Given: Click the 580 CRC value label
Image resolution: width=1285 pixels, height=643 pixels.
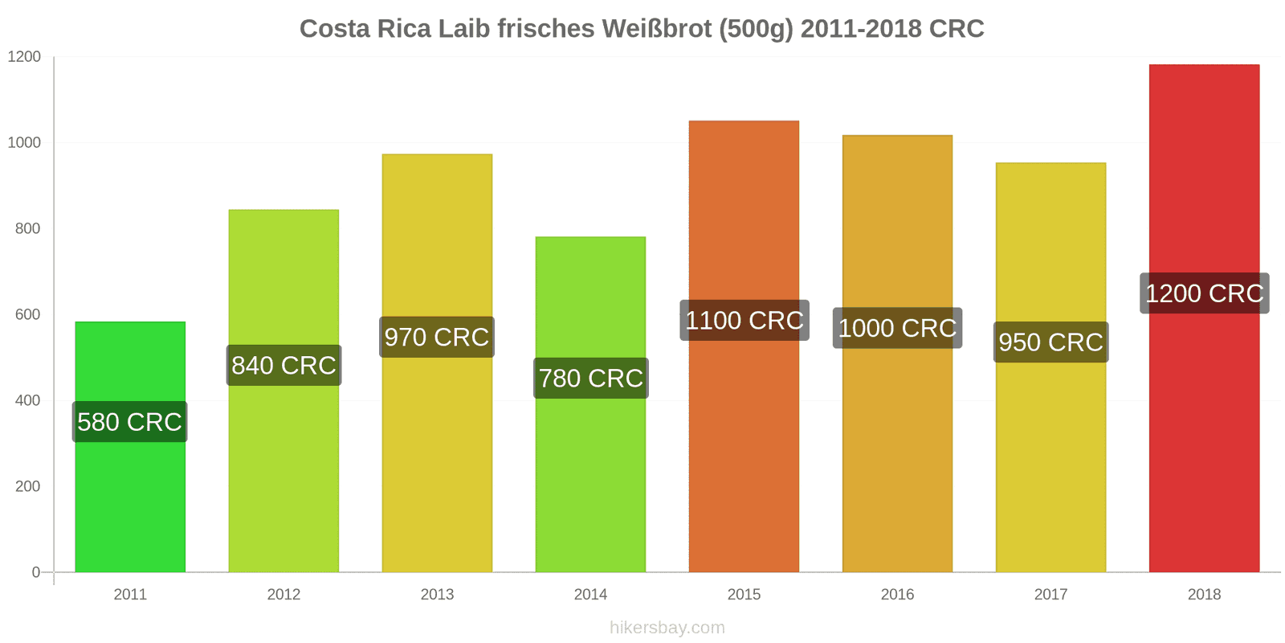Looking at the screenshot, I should click(x=130, y=422).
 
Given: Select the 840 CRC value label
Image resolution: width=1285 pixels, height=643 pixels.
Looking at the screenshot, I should click(x=284, y=366).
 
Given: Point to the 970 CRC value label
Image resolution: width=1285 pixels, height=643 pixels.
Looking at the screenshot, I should click(x=437, y=337).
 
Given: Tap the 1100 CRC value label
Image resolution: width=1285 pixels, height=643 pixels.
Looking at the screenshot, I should click(x=744, y=321).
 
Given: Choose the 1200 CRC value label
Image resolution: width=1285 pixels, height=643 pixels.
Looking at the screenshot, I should click(x=1205, y=293).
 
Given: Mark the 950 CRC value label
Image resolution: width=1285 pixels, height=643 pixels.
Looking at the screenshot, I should click(x=1050, y=342).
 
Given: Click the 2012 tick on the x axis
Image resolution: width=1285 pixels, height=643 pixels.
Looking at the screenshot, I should click(x=284, y=595).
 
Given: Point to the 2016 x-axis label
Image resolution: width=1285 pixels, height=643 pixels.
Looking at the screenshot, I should click(x=897, y=595).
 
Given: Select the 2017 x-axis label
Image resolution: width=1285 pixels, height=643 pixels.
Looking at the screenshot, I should click(x=1050, y=595).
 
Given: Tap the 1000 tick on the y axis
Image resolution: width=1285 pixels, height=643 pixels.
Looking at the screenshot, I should click(x=24, y=143).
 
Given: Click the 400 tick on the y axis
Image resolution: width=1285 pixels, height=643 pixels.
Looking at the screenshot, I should click(x=27, y=400).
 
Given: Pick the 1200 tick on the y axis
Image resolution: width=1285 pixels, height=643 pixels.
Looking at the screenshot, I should click(x=24, y=57).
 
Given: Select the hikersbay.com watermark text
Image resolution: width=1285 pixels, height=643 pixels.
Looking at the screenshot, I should click(x=667, y=628).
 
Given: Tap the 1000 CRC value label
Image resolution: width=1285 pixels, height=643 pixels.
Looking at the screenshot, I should click(x=897, y=328).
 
